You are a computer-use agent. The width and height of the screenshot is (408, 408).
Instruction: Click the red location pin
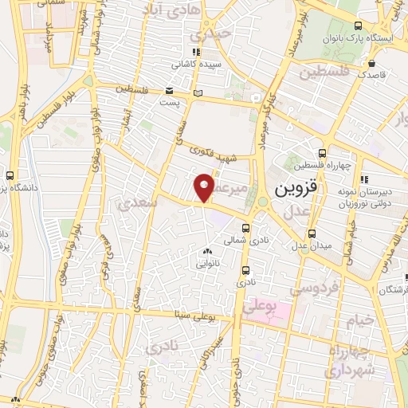pyautogui.click(x=205, y=187)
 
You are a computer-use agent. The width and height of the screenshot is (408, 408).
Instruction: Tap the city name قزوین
pyautogui.click(x=296, y=191)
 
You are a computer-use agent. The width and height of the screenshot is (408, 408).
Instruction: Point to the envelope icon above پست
pyautogui.click(x=169, y=90)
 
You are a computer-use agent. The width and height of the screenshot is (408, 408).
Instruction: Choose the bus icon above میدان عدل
pyautogui.click(x=312, y=233)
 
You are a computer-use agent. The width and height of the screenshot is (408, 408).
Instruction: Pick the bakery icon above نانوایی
pyautogui.click(x=207, y=252)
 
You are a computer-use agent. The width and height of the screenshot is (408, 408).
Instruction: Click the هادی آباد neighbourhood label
pyautogui.click(x=168, y=10)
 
